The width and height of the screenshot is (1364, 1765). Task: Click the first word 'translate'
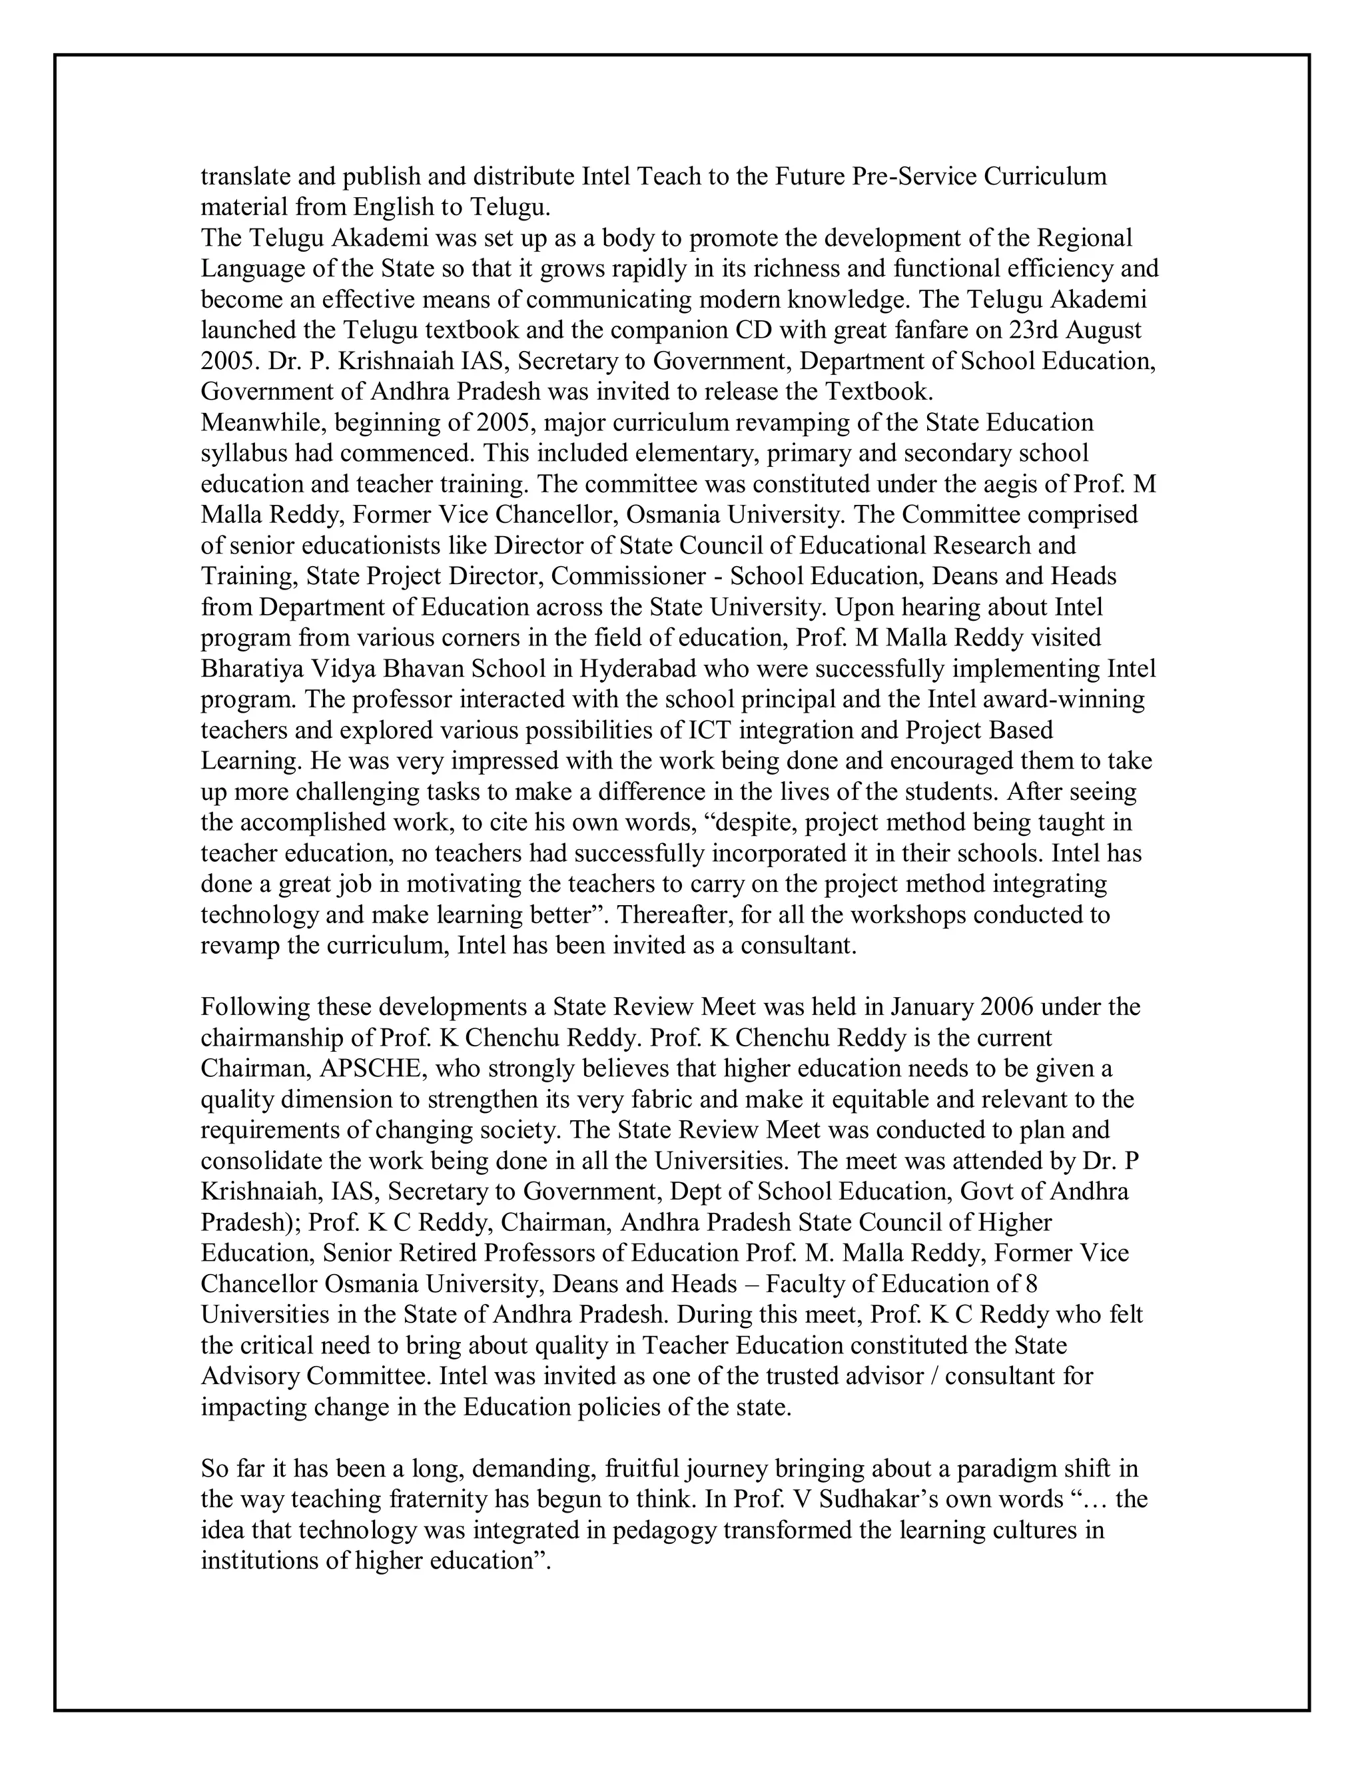[238, 176]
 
